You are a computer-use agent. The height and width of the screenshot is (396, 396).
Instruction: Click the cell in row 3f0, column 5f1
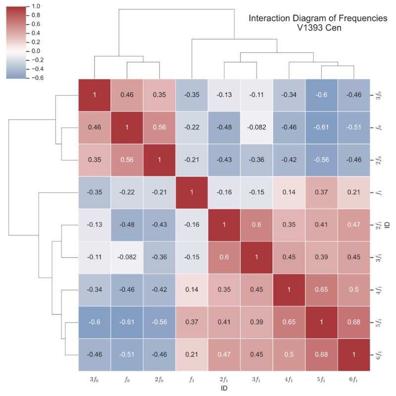(321, 95)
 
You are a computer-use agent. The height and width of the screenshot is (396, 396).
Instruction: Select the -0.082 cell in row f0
(256, 127)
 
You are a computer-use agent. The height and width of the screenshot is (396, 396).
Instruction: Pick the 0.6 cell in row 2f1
(256, 225)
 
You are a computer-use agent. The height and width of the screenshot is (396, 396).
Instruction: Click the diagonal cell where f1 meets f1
(192, 192)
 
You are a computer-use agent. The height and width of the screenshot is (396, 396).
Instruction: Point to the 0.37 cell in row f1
(321, 192)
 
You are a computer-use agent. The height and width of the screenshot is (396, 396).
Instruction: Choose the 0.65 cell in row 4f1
(321, 289)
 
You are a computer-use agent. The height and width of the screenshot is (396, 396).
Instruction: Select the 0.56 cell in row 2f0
(127, 160)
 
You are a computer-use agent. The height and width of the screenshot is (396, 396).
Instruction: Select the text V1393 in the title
(307, 28)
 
